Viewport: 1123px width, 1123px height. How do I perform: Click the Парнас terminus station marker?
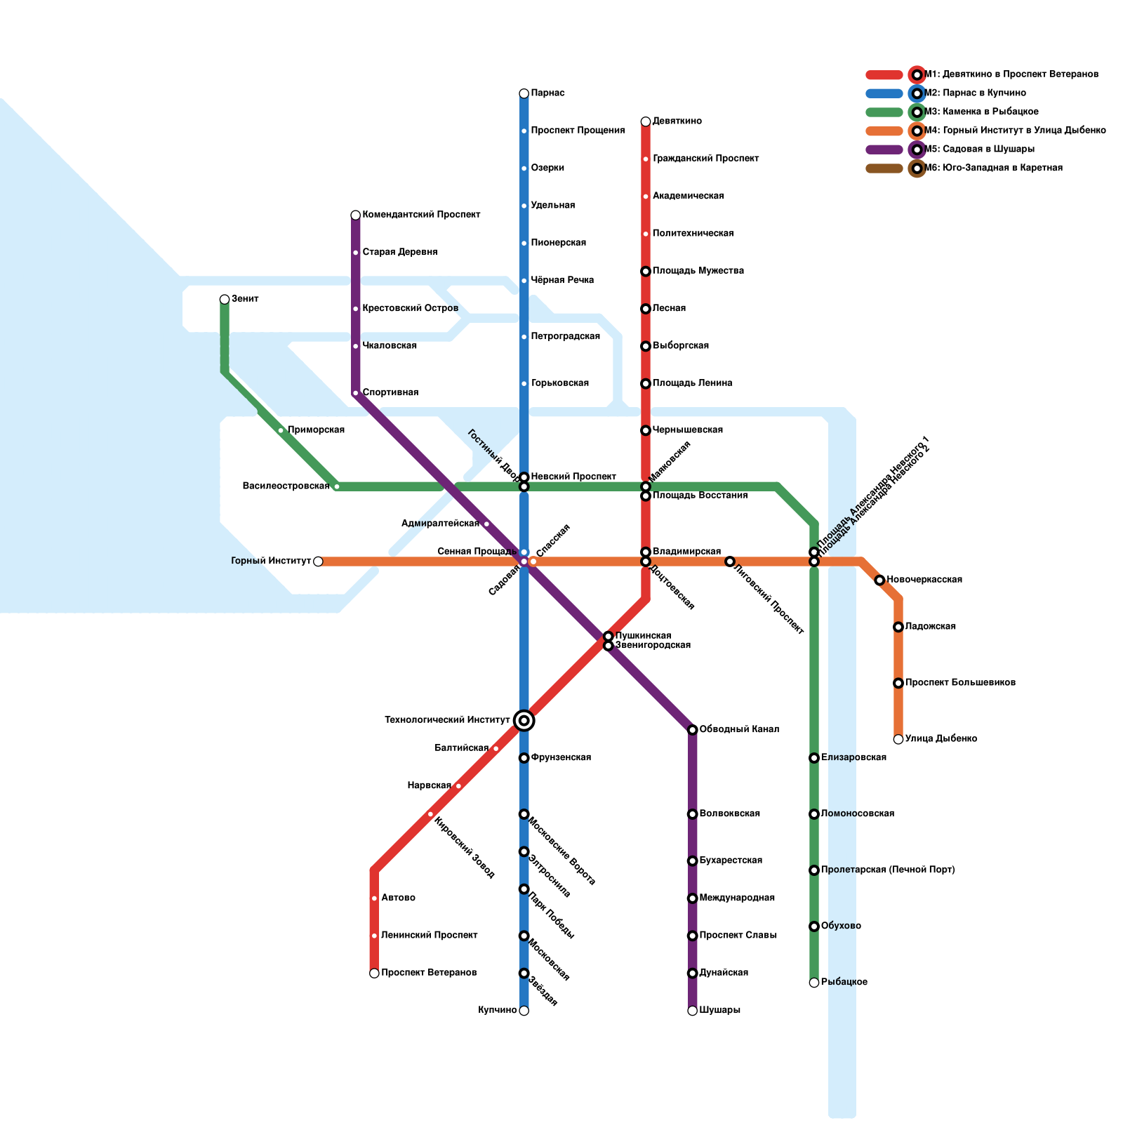[x=524, y=93]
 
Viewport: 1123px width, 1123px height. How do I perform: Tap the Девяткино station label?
[x=677, y=121]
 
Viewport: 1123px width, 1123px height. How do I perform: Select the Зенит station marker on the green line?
[x=225, y=300]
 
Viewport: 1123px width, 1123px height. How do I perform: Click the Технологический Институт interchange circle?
[x=524, y=720]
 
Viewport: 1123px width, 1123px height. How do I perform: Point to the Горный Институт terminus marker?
[x=318, y=561]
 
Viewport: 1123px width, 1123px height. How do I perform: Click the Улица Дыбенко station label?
[x=941, y=739]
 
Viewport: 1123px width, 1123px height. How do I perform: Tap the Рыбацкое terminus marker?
[x=814, y=983]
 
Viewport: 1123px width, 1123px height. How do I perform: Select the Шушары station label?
[x=719, y=1011]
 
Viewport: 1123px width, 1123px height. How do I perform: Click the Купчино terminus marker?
[x=524, y=1011]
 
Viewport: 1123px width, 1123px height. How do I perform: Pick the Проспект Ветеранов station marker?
[x=374, y=974]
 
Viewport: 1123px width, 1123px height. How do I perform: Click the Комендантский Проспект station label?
[x=421, y=215]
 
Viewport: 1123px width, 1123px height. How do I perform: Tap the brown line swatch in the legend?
[x=884, y=168]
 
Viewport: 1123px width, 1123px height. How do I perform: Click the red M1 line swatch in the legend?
[x=884, y=75]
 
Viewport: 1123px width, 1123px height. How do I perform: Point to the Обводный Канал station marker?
[x=692, y=730]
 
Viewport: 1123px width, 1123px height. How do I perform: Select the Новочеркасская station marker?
[x=879, y=580]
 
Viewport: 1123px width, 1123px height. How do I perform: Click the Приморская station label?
[x=316, y=430]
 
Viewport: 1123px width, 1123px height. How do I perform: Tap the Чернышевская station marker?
[x=646, y=430]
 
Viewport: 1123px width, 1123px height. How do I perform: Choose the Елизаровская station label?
[x=853, y=758]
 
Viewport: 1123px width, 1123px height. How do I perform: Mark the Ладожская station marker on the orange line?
[x=898, y=627]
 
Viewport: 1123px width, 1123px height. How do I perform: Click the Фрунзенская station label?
[x=561, y=758]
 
